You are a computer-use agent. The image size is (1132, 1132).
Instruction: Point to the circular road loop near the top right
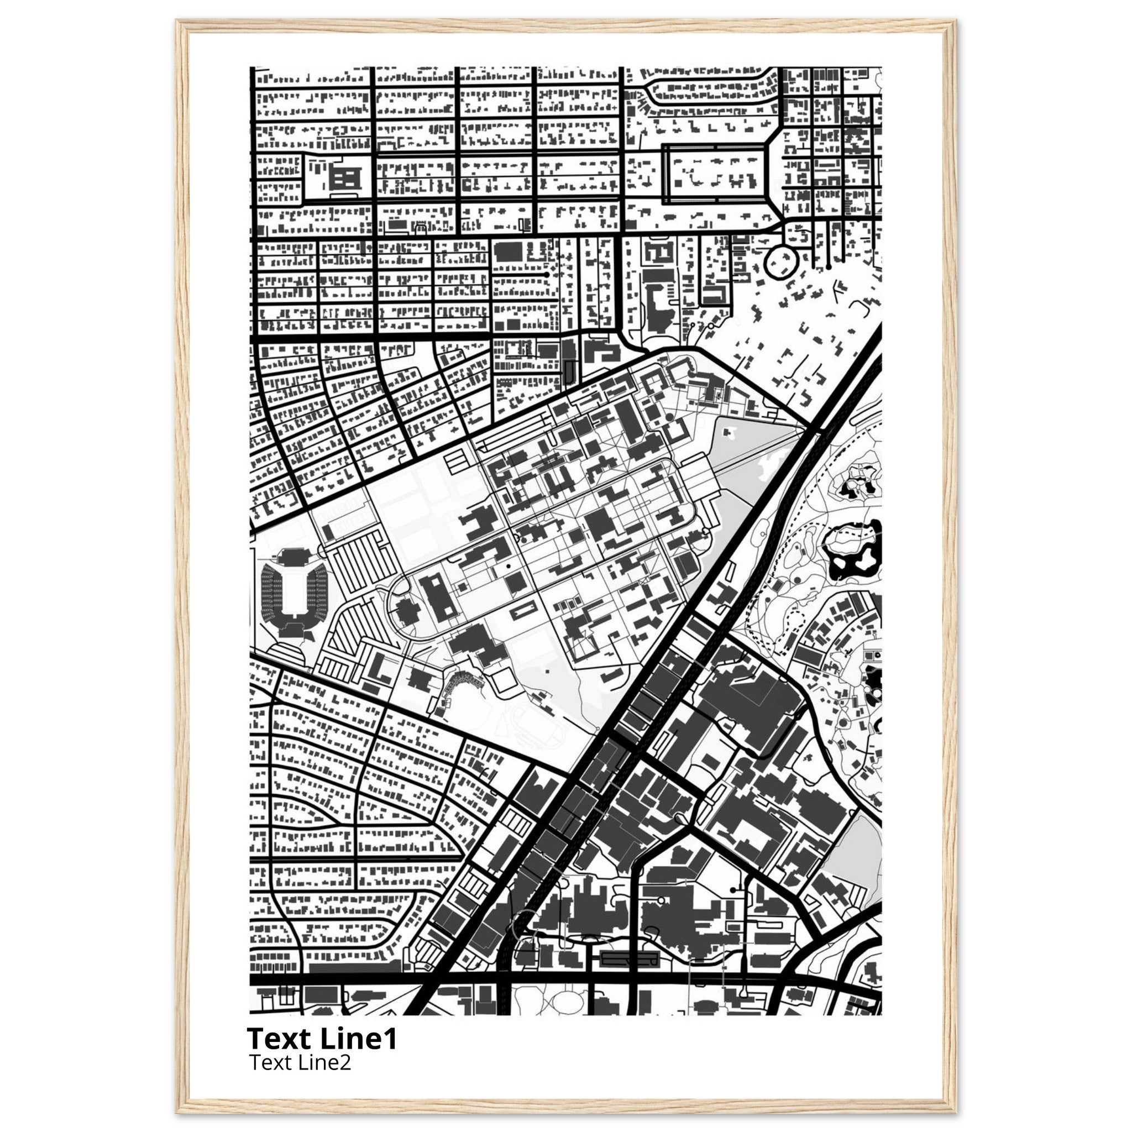782,261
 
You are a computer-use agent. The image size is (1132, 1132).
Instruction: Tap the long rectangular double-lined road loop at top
715,174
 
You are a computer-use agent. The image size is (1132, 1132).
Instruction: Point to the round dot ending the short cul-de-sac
547,274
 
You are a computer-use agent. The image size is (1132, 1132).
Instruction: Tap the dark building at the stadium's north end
293,554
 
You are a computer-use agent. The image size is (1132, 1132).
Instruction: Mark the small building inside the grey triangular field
730,432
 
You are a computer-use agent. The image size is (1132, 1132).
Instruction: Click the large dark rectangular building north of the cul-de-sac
508,251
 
